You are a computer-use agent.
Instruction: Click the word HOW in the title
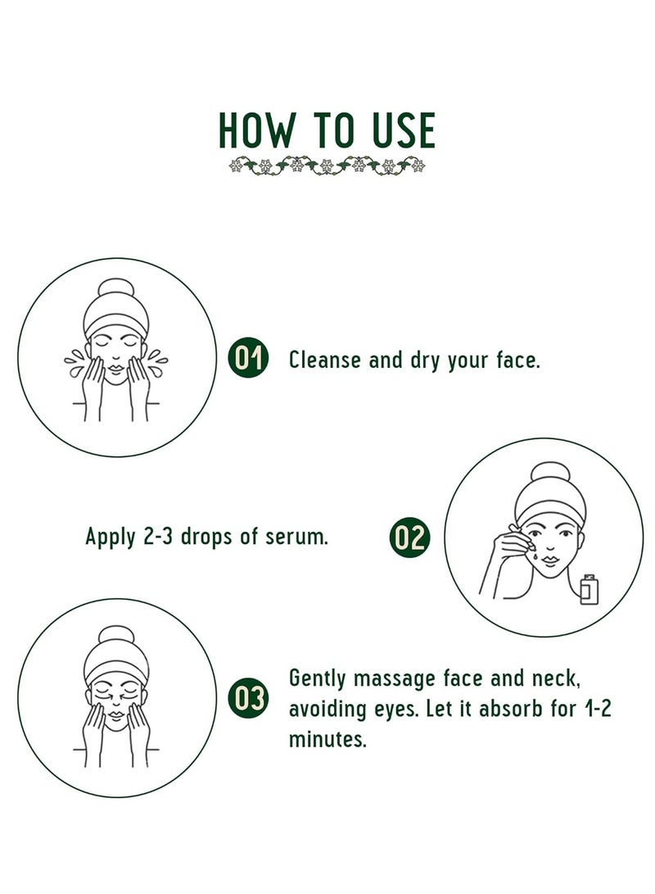(256, 130)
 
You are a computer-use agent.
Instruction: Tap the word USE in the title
(404, 130)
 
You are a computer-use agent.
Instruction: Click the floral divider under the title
(327, 166)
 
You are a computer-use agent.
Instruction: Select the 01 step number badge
(248, 359)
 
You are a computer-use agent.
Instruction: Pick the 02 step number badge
(409, 537)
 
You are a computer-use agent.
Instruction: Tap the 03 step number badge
(248, 698)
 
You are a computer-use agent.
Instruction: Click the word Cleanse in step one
(325, 361)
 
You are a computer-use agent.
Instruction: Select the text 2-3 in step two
(158, 537)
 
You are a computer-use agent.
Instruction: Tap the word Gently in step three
(318, 679)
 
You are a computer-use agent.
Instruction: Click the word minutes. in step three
(327, 739)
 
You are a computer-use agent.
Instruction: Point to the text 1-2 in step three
(598, 709)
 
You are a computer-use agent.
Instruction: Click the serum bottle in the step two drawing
(589, 589)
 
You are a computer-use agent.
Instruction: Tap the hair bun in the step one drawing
(116, 288)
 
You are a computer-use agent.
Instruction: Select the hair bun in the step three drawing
(116, 635)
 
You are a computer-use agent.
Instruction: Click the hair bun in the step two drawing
(550, 472)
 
